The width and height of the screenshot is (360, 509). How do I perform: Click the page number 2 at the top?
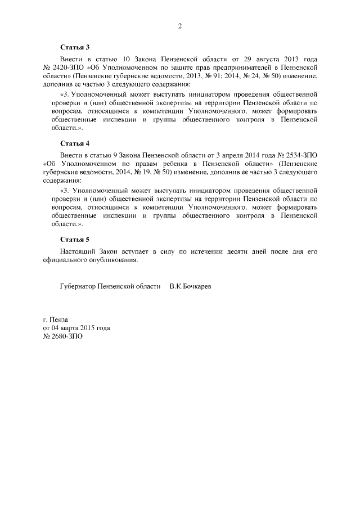(x=180, y=26)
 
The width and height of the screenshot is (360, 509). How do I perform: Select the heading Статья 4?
(x=75, y=143)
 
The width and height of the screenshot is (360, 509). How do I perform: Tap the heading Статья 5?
(x=75, y=239)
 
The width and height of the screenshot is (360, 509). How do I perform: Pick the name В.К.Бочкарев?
(x=191, y=286)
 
